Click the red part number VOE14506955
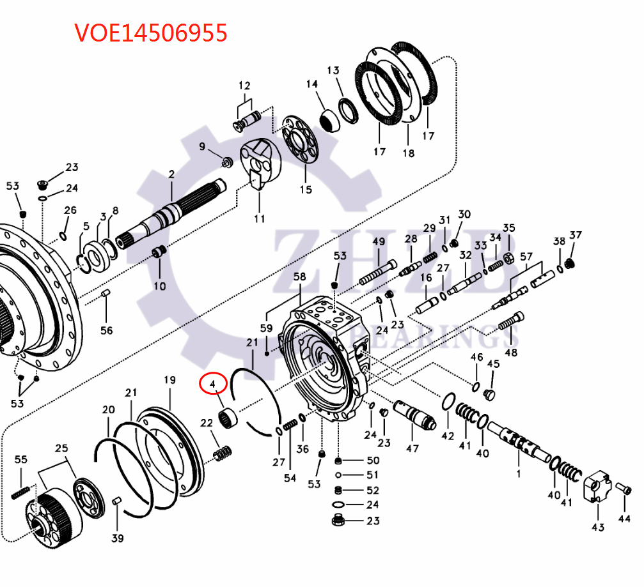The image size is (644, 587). click(151, 33)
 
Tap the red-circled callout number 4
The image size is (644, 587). click(212, 385)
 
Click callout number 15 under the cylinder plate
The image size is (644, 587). click(306, 189)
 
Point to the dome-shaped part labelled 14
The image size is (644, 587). click(329, 118)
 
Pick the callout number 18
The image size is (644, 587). click(408, 153)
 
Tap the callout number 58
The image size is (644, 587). click(299, 277)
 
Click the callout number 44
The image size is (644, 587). click(625, 519)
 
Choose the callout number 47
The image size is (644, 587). click(413, 448)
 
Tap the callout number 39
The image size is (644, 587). click(117, 538)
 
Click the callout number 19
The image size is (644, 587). click(169, 381)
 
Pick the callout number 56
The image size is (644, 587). click(106, 330)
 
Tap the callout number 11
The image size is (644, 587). click(259, 218)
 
